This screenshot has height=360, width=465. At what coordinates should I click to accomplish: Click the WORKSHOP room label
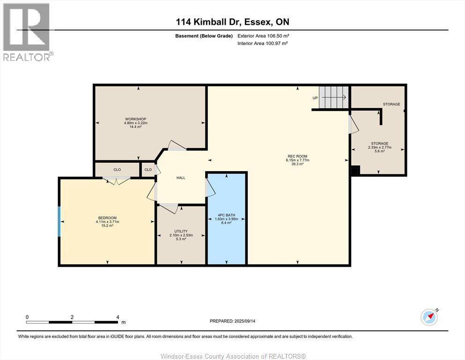[135, 119]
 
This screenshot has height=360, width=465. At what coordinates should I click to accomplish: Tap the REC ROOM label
[297, 156]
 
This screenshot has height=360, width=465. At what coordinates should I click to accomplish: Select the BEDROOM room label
[107, 218]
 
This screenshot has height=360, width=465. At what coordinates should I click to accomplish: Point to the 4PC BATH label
[226, 215]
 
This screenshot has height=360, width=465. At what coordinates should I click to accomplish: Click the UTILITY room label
[181, 231]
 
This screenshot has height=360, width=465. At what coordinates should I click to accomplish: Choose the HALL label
[181, 178]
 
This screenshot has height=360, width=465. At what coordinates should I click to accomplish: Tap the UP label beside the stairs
[315, 98]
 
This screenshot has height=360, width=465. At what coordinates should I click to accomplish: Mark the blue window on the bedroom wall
[59, 221]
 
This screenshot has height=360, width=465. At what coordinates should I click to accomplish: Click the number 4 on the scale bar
[118, 317]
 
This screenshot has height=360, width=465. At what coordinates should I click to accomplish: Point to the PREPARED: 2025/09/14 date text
[232, 321]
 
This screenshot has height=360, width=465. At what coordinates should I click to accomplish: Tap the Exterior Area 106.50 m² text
[263, 36]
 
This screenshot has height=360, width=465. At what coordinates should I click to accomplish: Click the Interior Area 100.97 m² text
[263, 43]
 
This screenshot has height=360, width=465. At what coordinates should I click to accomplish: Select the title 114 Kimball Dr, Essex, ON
[232, 22]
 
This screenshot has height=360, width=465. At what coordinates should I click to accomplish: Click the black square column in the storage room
[355, 170]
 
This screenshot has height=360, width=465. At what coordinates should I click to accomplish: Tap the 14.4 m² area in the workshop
[135, 127]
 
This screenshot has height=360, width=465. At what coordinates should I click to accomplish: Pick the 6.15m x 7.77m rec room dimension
[297, 160]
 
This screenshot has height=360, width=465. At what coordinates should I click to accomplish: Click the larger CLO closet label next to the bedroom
[117, 170]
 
